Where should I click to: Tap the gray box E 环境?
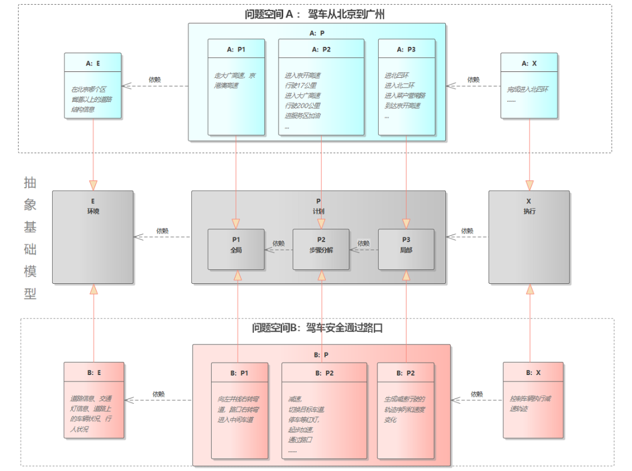pos(93,236)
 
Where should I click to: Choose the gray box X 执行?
pos(529,236)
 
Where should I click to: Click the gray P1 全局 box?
pos(236,249)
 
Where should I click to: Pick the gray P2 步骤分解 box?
pos(321,249)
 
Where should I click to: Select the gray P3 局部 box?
pos(406,249)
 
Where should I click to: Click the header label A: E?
pos(93,63)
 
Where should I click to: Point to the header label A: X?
pos(529,63)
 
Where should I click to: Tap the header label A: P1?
pos(236,50)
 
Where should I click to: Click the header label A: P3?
pos(406,50)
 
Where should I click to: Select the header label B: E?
pos(94,372)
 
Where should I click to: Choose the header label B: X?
pos(533,372)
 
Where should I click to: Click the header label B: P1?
pos(239,373)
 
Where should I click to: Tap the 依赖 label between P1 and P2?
pos(279,243)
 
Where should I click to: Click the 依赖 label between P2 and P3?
pos(363,243)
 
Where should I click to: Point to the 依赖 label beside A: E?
pos(154,79)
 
